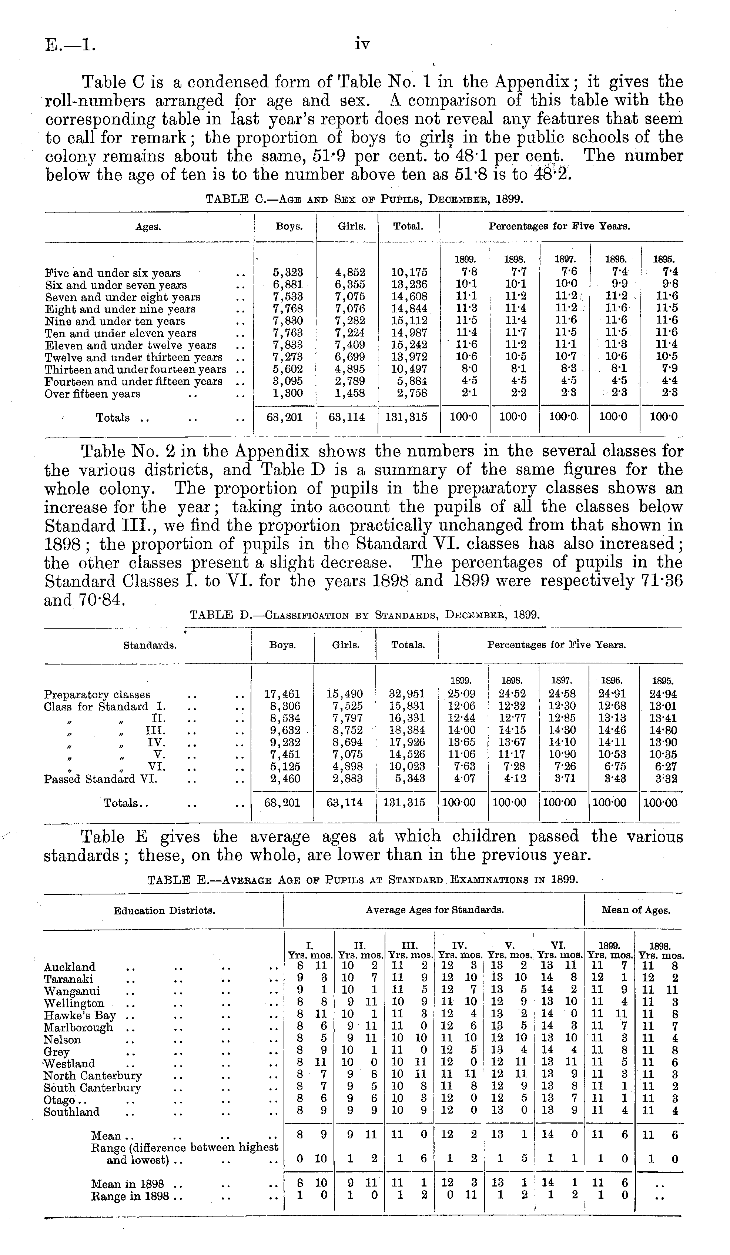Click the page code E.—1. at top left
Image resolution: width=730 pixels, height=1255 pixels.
70,45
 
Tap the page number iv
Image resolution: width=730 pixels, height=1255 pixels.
362,45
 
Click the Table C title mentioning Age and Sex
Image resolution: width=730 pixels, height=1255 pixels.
365,200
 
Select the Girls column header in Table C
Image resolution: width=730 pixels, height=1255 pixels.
352,227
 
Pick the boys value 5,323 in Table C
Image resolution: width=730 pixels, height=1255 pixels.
288,273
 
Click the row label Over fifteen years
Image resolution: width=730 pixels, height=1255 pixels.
93,394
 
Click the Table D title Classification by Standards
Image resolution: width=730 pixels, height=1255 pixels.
365,615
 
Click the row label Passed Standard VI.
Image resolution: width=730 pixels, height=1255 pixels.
101,779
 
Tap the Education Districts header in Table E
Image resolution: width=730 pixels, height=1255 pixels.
164,911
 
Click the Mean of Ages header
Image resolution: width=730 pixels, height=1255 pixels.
636,910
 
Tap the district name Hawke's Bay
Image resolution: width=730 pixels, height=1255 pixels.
80,1015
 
